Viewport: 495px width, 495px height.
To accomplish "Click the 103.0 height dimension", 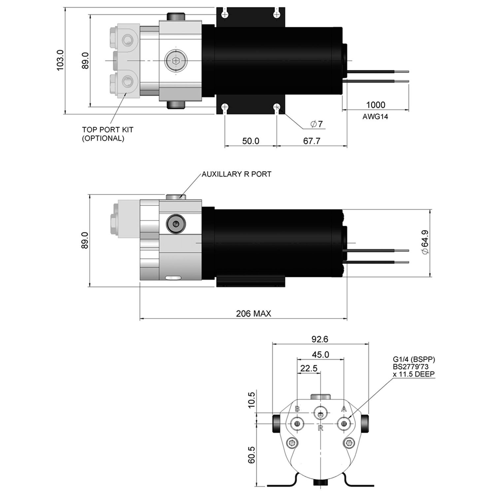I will tap(60, 60).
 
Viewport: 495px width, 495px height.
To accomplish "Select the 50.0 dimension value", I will tap(251, 141).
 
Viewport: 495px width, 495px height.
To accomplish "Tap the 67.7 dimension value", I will tap(312, 141).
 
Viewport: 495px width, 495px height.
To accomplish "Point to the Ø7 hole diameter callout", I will tap(316, 124).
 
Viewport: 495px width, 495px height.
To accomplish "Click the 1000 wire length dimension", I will tap(376, 105).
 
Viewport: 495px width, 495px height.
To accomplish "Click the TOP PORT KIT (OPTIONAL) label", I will tap(108, 134).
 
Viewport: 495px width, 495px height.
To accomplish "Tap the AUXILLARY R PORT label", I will tap(236, 174).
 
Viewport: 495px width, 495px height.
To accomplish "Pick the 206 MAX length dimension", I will tap(253, 313).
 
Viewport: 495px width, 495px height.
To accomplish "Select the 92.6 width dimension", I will tap(320, 339).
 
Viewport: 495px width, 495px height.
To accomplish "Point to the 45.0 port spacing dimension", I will tap(320, 354).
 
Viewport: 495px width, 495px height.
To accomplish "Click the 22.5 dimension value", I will tap(309, 368).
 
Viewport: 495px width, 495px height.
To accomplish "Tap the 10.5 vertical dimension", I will tap(251, 400).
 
